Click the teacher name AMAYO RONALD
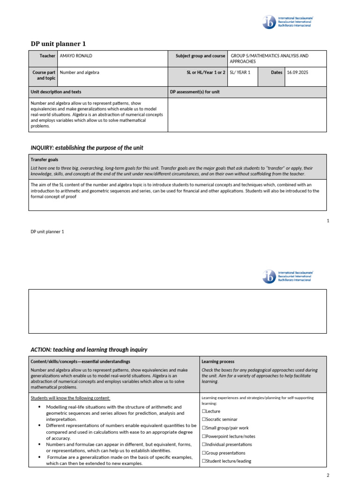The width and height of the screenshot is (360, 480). point(75,56)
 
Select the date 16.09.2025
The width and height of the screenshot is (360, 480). point(298,73)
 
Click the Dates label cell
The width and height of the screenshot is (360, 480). point(277,73)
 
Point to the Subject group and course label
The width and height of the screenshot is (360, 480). point(200,56)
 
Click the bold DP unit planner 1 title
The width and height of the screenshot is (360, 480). point(58,44)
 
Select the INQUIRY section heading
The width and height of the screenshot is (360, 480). point(87,148)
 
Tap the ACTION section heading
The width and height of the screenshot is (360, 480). point(89,349)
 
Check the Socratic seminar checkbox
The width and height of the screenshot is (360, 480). point(204,420)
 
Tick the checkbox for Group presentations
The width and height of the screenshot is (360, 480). point(204,453)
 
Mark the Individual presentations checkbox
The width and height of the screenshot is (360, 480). point(204,444)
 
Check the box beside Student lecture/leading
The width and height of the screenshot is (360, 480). point(204,461)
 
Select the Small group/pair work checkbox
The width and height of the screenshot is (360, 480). point(204,428)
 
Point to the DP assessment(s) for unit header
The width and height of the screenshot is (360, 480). point(195,92)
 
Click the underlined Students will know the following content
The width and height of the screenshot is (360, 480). point(70,398)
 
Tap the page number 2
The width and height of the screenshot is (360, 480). point(328,475)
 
